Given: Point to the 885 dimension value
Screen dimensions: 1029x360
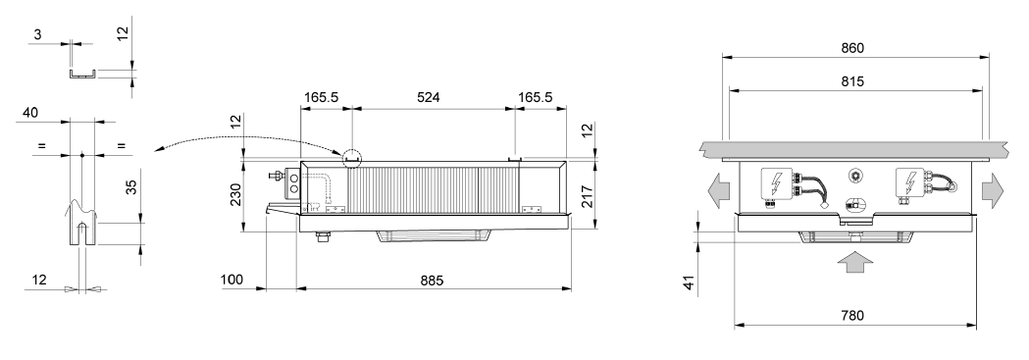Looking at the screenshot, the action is pyautogui.click(x=432, y=280).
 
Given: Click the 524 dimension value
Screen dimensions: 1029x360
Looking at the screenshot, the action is pyautogui.click(x=428, y=98).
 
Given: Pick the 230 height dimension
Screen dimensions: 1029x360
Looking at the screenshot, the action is pyautogui.click(x=236, y=194).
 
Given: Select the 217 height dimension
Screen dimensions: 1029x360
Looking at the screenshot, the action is pyautogui.click(x=588, y=197).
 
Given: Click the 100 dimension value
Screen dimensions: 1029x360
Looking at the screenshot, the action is pyautogui.click(x=231, y=280).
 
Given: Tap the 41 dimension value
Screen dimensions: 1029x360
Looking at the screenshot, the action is pyautogui.click(x=688, y=283).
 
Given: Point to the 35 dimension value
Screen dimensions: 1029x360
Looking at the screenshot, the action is pyautogui.click(x=131, y=187).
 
